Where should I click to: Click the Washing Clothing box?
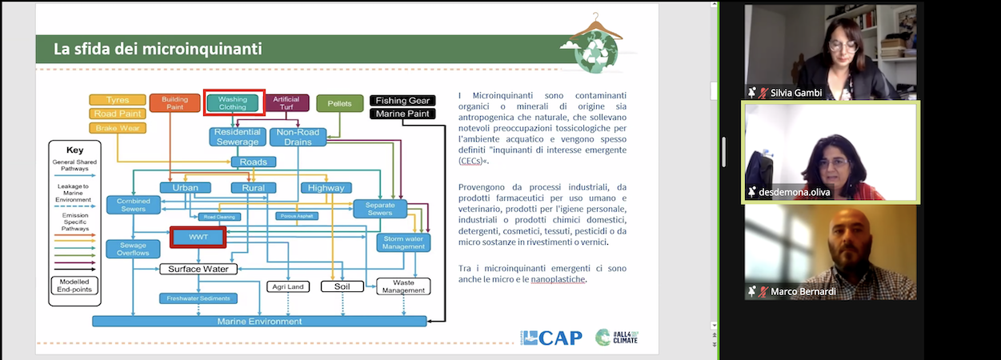point(233,102)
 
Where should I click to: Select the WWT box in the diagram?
point(198,238)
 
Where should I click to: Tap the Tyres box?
point(117,100)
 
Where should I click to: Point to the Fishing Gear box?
point(402,101)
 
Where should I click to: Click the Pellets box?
point(339,103)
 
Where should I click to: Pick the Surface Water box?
point(198,269)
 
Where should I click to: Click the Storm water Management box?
point(403,242)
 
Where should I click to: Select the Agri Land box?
point(287,286)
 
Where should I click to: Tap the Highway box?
point(326,188)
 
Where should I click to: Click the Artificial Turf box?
point(286,103)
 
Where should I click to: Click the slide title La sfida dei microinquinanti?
point(158,49)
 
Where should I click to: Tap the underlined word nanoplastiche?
point(559,280)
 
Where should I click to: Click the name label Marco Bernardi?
point(803,292)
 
